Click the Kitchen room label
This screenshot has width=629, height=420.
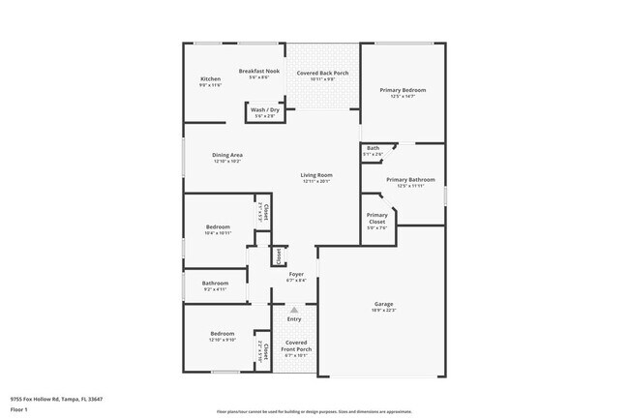coord(210,78)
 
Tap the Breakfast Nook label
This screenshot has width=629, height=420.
coord(259,71)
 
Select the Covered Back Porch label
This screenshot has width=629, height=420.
coord(322,73)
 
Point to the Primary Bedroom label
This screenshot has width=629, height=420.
coord(407,90)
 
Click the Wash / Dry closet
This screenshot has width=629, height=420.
coord(264,110)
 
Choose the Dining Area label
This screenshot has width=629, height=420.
coord(227,155)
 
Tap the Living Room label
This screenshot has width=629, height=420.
coord(316,174)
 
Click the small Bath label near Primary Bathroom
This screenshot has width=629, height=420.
coord(373,148)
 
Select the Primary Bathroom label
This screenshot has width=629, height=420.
coord(410,179)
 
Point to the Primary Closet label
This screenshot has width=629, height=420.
coord(376,218)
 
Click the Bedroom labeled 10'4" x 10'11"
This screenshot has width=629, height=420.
coord(218,227)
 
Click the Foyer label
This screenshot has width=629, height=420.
coord(297,275)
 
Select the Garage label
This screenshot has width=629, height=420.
coord(384,305)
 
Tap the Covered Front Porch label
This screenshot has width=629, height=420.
coord(295,345)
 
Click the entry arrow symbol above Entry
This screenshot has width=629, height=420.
coord(294,311)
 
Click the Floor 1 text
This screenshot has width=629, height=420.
coord(20,409)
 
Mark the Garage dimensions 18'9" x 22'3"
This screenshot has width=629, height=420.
coord(384,311)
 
